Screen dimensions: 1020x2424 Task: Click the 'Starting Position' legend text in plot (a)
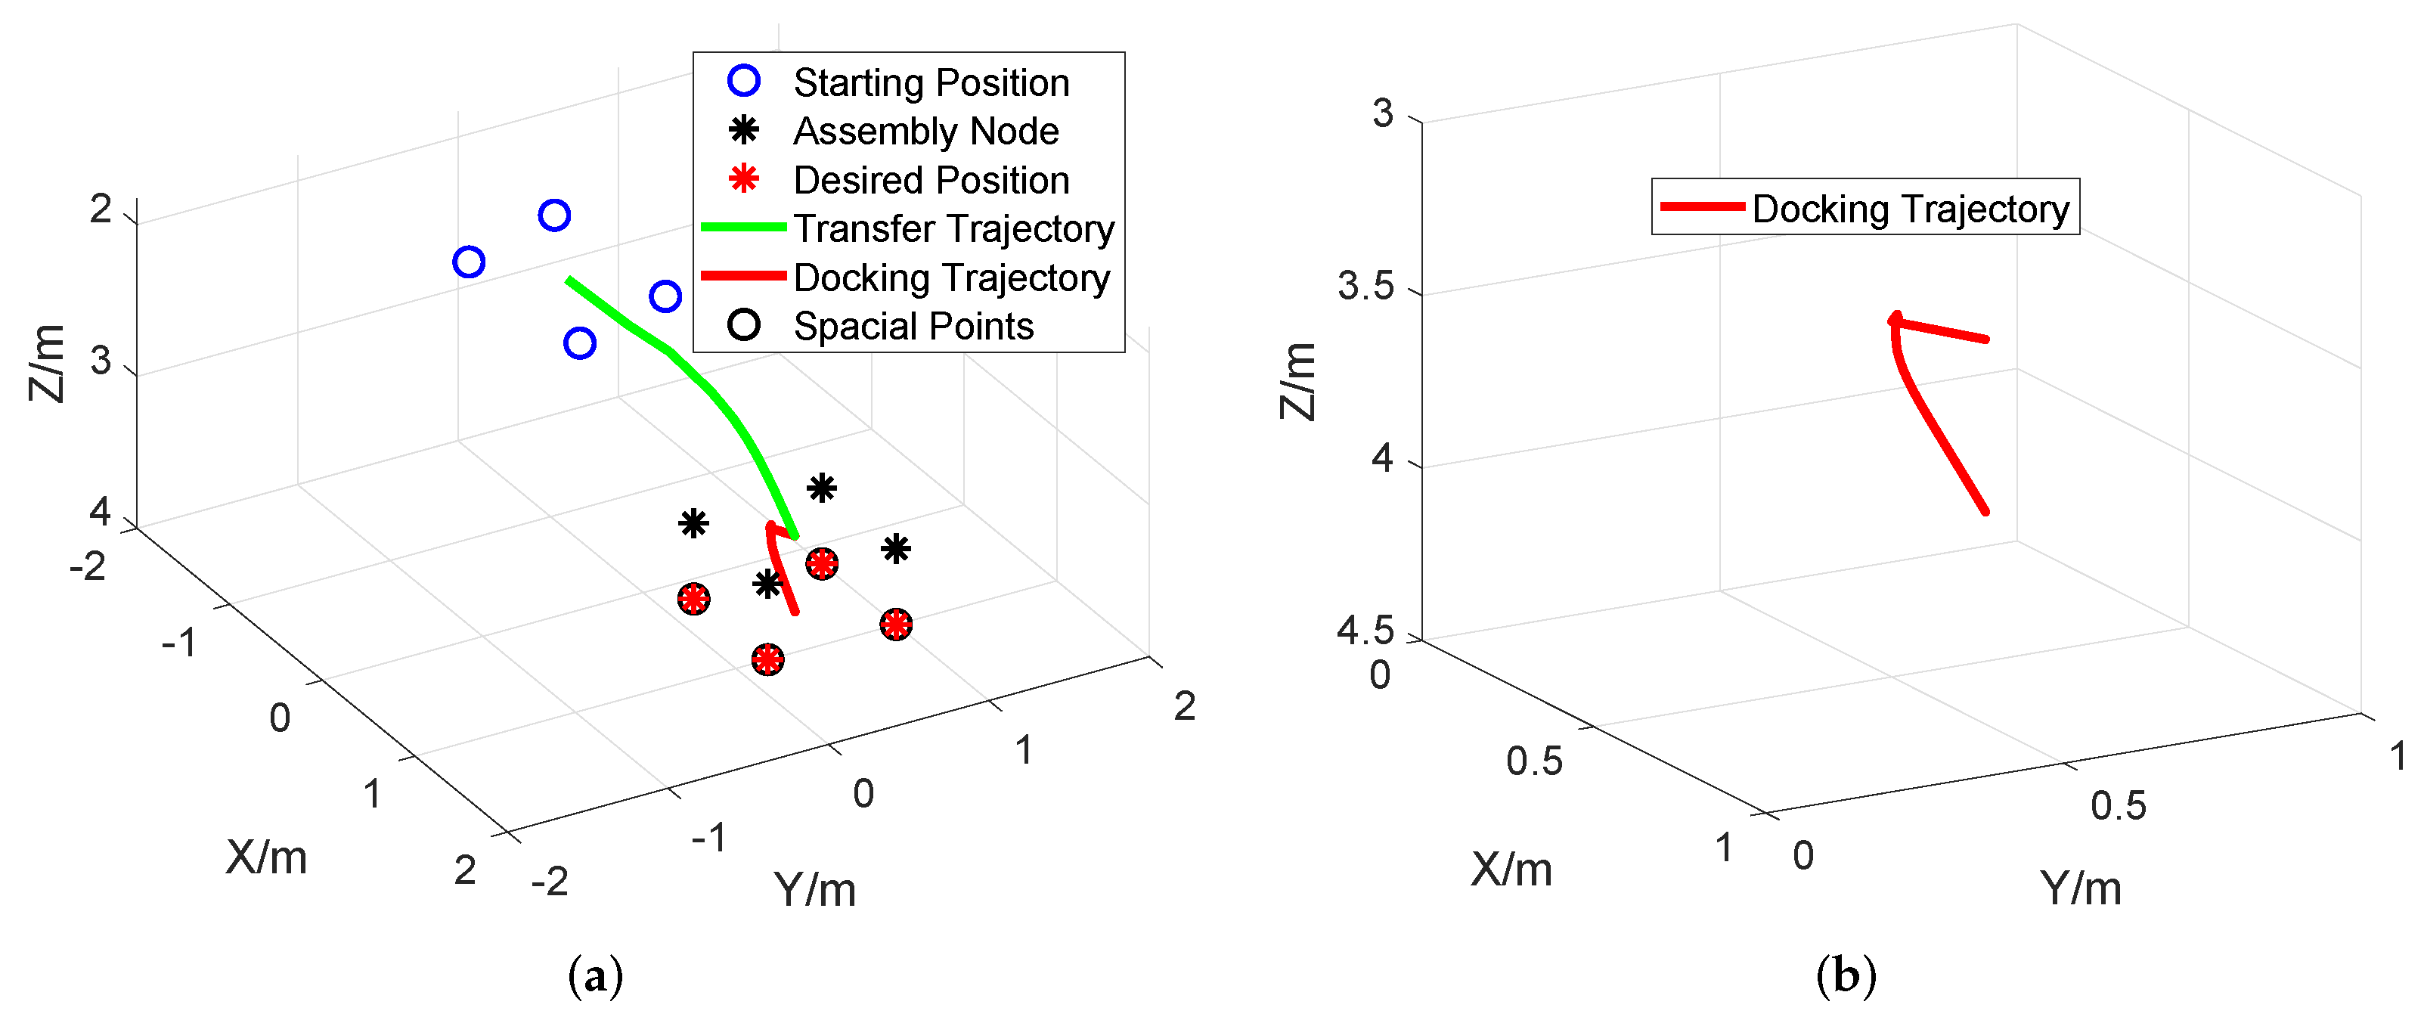pos(931,83)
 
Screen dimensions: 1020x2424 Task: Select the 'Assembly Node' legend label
pos(926,132)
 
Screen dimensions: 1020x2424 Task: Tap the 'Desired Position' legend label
pos(931,181)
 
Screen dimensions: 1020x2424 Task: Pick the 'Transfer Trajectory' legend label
pos(953,228)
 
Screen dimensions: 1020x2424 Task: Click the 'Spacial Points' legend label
pos(913,327)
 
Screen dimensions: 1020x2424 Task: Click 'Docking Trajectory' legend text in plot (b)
pos(1909,209)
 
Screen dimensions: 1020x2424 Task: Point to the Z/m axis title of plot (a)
pos(47,362)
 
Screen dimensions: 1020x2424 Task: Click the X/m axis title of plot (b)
pos(1511,869)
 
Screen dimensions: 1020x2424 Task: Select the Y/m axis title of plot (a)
pos(814,889)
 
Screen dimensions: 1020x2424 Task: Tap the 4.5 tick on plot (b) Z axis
pos(1365,631)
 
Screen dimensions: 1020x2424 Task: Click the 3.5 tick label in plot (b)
pos(1365,286)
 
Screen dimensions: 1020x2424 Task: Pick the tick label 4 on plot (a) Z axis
pos(100,512)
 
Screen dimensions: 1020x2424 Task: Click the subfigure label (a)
pos(595,976)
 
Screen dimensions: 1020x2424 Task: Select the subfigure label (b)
pos(1846,976)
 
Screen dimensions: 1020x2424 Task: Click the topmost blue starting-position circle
pos(554,215)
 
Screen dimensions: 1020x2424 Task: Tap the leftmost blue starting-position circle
pos(469,262)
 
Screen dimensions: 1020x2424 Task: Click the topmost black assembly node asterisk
pos(822,488)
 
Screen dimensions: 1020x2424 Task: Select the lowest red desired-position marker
pos(768,659)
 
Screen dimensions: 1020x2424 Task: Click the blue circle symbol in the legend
pos(743,81)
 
